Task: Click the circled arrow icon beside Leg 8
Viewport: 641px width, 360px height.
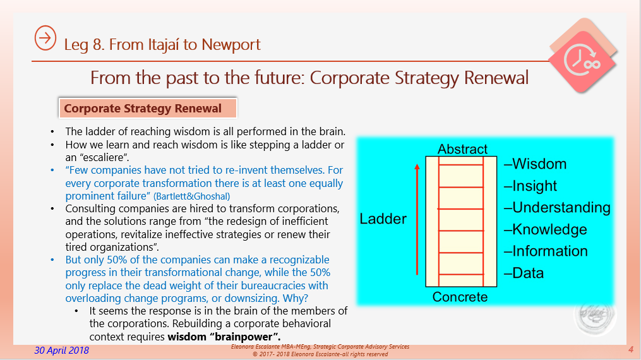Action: click(45, 38)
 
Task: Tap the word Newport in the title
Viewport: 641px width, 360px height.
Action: click(231, 45)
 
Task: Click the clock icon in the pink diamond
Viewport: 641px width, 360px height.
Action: click(582, 59)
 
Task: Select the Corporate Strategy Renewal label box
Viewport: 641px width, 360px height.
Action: click(148, 108)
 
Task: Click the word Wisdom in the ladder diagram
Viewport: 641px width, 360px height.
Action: click(536, 164)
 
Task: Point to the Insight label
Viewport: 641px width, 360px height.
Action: click(530, 186)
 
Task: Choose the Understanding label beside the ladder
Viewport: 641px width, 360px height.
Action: click(557, 208)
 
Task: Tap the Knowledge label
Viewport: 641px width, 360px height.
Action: click(546, 230)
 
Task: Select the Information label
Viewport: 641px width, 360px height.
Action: click(546, 251)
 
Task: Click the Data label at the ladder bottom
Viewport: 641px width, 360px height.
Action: click(524, 273)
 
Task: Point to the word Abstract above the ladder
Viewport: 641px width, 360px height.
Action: click(462, 149)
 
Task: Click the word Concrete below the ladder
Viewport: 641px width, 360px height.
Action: click(460, 297)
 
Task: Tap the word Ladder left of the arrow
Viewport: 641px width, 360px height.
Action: click(383, 219)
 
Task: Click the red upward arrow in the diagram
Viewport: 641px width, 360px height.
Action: click(417, 219)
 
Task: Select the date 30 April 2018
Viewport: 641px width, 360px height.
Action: click(62, 350)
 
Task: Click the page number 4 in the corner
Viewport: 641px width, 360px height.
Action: click(631, 349)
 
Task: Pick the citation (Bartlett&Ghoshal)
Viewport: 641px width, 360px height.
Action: click(192, 196)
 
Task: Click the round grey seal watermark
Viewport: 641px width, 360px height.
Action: click(595, 315)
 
